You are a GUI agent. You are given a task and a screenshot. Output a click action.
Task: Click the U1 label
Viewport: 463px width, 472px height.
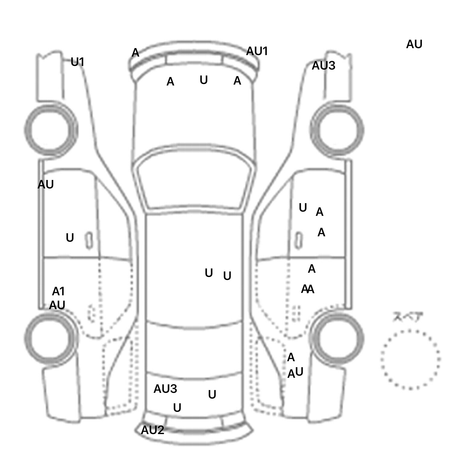(x=77, y=62)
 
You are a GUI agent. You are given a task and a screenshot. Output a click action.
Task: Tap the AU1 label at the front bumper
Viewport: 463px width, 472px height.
(x=257, y=51)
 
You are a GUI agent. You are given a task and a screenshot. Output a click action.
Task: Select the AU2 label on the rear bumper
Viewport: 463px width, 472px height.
(x=153, y=430)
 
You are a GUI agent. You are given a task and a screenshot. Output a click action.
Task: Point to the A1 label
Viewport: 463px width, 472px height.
(x=58, y=291)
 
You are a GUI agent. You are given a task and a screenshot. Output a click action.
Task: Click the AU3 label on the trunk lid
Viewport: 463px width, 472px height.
(x=165, y=389)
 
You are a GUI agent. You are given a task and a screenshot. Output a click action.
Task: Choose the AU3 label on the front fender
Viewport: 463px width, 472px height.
(x=323, y=65)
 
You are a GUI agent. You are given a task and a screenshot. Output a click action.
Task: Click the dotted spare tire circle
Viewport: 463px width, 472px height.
(x=410, y=359)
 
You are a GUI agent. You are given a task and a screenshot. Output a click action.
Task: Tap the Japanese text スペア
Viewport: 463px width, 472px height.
(x=408, y=317)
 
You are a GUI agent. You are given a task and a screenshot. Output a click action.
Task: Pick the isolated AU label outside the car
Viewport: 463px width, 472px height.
(x=414, y=44)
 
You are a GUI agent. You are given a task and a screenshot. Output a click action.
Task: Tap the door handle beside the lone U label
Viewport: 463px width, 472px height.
(x=89, y=241)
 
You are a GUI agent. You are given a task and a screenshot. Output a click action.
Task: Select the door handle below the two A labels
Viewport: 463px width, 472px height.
(x=298, y=241)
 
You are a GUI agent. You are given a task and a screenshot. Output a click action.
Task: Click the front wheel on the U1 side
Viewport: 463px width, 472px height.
(x=51, y=130)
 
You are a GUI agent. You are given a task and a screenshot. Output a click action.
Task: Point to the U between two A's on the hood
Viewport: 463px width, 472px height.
(x=204, y=80)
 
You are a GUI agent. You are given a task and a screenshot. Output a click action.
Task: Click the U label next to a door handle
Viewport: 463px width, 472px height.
(x=70, y=238)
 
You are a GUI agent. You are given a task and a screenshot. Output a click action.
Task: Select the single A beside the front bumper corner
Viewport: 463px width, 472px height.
(x=135, y=53)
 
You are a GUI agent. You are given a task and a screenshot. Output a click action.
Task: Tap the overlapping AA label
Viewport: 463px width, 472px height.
(x=308, y=289)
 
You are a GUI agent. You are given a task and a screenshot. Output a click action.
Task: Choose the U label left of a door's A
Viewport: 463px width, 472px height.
(x=303, y=208)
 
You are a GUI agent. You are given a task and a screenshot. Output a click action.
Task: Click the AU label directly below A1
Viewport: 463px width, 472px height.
(x=57, y=305)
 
